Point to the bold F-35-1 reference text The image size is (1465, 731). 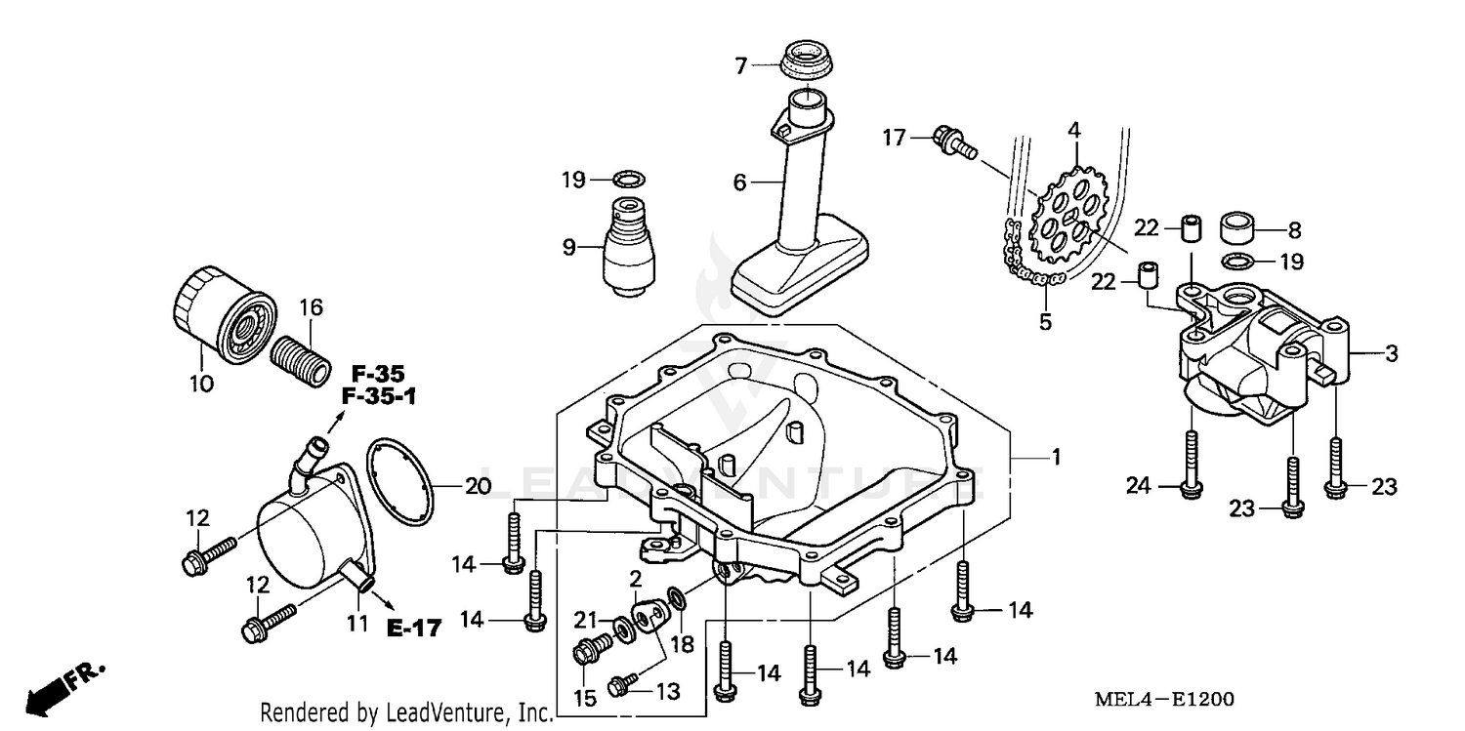pos(377,396)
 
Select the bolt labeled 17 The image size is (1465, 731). pos(953,141)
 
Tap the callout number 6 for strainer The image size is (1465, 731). pos(740,183)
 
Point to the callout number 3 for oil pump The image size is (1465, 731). pos(1390,354)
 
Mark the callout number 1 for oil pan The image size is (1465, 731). pos(1055,457)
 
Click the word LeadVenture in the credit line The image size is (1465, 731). pos(455,713)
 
